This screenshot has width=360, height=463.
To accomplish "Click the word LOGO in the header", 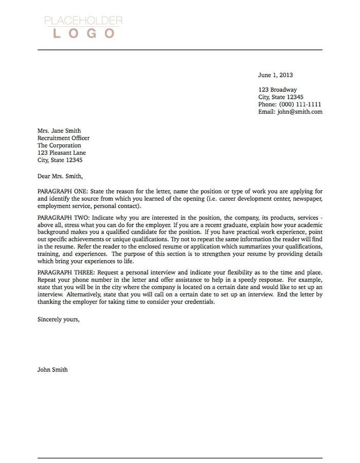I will [x=83, y=34].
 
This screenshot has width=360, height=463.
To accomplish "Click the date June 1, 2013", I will [x=275, y=75].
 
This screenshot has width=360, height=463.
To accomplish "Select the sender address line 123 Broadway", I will [x=277, y=90].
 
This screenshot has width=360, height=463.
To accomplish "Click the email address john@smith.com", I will [x=300, y=112].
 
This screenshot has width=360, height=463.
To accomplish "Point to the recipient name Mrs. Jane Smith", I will [x=59, y=131].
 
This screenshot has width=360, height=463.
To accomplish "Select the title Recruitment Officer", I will [x=63, y=138].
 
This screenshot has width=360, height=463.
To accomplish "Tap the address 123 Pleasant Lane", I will [x=62, y=153].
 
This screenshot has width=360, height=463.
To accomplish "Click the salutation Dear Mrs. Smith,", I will [x=60, y=176].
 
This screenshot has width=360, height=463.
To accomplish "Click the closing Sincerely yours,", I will [x=59, y=319].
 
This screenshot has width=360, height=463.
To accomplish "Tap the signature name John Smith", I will [x=52, y=369].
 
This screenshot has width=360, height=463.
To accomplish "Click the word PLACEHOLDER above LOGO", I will [x=83, y=21].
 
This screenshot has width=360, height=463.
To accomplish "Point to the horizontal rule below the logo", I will [x=179, y=50].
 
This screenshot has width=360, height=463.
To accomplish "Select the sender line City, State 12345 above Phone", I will [x=281, y=97].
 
